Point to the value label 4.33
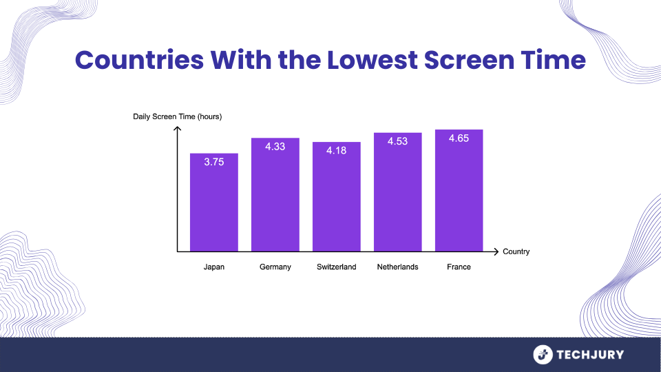click(275, 147)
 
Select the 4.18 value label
click(337, 151)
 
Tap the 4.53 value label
click(397, 142)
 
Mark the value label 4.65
click(459, 138)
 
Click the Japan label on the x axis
click(214, 267)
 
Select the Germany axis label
click(275, 267)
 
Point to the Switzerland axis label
click(337, 267)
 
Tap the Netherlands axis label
click(397, 267)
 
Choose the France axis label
click(459, 267)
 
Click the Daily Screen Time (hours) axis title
click(178, 116)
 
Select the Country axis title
click(516, 251)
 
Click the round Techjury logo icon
click(543, 355)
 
